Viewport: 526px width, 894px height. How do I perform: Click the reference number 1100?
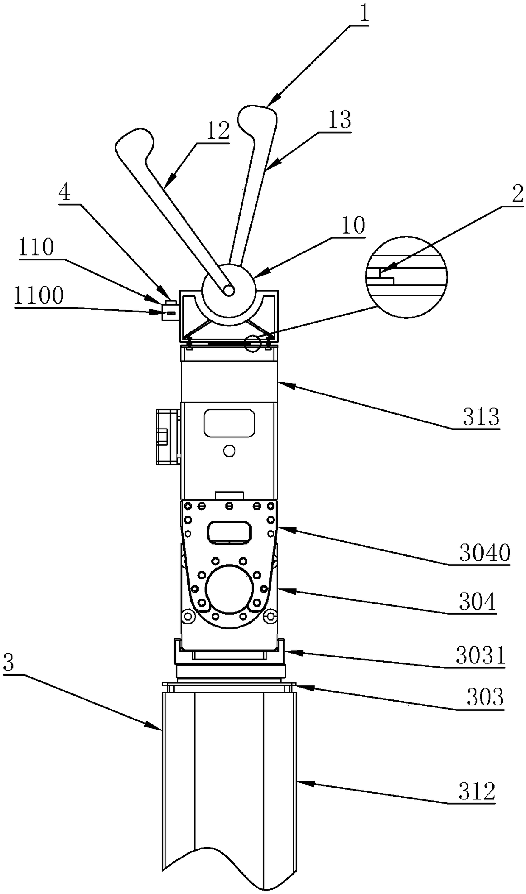point(39,295)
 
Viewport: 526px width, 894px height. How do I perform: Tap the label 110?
point(36,248)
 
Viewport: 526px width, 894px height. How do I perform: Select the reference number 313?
point(481,418)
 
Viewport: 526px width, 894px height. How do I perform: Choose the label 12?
point(218,131)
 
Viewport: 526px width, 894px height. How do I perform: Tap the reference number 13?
point(339,120)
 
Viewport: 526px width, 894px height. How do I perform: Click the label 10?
point(353,226)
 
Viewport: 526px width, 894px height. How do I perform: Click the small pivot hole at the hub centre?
point(229,290)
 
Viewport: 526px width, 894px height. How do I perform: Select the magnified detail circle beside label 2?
point(406,277)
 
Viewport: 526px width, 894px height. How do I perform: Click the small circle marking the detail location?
point(253,344)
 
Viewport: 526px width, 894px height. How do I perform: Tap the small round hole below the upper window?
point(229,451)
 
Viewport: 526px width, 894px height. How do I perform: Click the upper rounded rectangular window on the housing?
point(229,423)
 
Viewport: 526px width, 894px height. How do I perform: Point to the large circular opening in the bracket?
point(229,589)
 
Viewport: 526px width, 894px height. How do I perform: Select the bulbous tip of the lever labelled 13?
point(257,117)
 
